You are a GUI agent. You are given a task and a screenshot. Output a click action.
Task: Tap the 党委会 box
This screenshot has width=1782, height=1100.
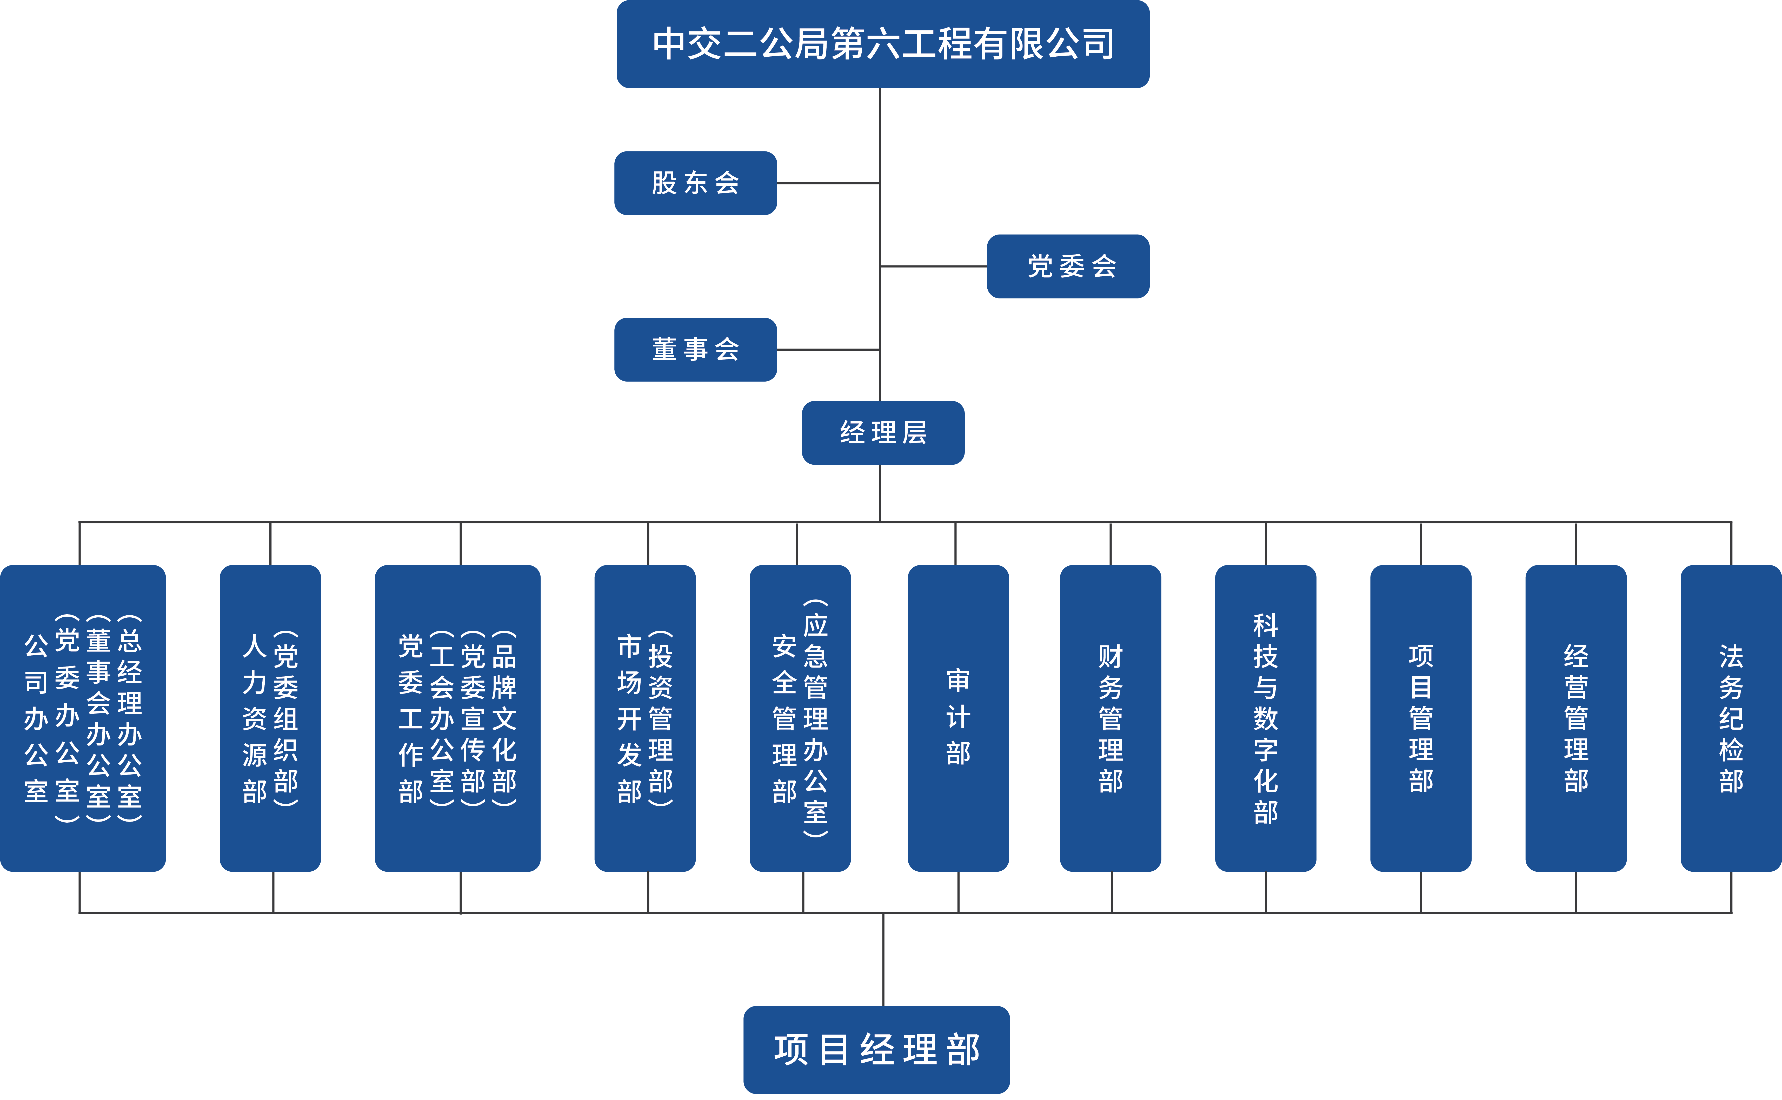tap(1068, 266)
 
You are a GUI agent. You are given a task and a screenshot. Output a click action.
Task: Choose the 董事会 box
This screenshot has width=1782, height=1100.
tap(695, 349)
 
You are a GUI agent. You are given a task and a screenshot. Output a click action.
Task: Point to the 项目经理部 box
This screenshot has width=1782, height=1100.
tap(876, 1049)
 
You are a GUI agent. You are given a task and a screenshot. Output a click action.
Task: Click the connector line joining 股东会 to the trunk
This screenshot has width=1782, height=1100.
tap(828, 183)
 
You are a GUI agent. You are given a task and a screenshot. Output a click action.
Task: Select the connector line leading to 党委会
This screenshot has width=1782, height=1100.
tap(933, 266)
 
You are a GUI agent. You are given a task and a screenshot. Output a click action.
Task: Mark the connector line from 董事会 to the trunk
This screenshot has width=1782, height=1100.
tap(828, 350)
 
